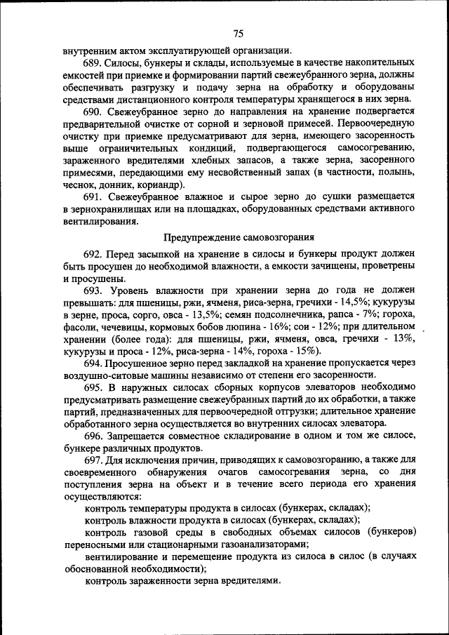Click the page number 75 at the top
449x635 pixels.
pyautogui.click(x=238, y=34)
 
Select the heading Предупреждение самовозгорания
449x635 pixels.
pyautogui.click(x=238, y=237)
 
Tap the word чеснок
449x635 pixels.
pyautogui.click(x=79, y=185)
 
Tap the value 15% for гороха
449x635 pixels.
pyautogui.click(x=304, y=350)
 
